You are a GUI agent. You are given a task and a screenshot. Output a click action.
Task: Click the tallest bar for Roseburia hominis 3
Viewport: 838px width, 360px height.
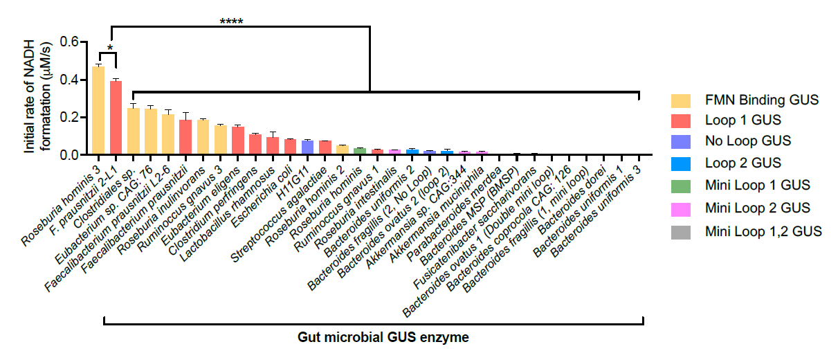pos(98,111)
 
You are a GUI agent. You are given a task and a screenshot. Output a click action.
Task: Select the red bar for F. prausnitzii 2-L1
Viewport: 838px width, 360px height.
pos(116,118)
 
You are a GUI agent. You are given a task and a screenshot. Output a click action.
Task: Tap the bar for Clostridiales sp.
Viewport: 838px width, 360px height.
pos(133,132)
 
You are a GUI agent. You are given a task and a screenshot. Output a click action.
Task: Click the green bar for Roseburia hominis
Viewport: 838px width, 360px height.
pos(359,152)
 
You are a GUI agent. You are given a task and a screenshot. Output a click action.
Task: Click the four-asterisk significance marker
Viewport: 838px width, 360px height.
pos(231,21)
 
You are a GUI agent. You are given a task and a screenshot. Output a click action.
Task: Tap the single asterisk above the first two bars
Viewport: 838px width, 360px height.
pos(110,49)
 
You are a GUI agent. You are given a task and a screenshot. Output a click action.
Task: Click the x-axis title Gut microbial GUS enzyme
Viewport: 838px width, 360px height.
pos(383,338)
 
